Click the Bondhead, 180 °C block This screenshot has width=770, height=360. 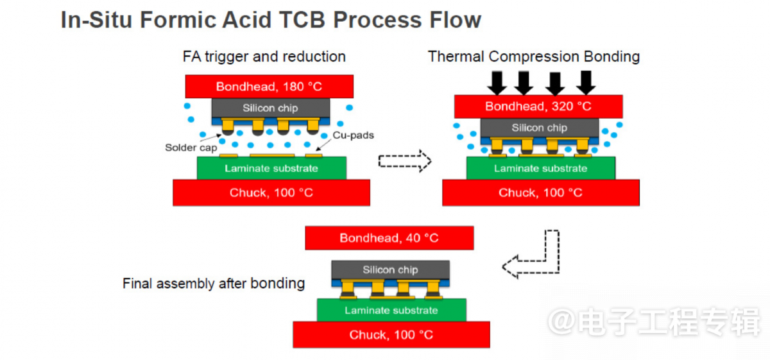coord(269,86)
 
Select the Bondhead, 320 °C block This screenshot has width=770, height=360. coord(538,107)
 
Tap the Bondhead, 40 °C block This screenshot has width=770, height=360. coord(389,238)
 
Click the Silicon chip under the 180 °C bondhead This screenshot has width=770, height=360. coord(271,108)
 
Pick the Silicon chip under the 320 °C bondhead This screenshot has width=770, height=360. coord(540,128)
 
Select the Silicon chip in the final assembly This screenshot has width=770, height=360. coord(391,270)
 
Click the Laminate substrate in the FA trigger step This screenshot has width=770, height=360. coord(271,168)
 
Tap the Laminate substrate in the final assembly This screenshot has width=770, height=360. coord(391,310)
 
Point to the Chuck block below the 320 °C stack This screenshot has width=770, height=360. coord(541,193)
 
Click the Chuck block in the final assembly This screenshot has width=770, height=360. coord(391,334)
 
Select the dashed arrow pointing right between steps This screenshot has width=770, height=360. coord(405,161)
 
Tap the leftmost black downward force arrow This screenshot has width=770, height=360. coord(497,83)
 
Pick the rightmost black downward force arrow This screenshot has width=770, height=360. coord(586,83)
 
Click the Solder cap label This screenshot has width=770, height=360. coord(191,148)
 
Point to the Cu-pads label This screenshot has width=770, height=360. coord(354,135)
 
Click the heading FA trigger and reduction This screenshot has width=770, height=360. coord(264,56)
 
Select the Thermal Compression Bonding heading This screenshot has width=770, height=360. coord(533,56)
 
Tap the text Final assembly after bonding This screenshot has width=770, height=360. coord(214,284)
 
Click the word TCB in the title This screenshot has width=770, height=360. coord(302,20)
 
